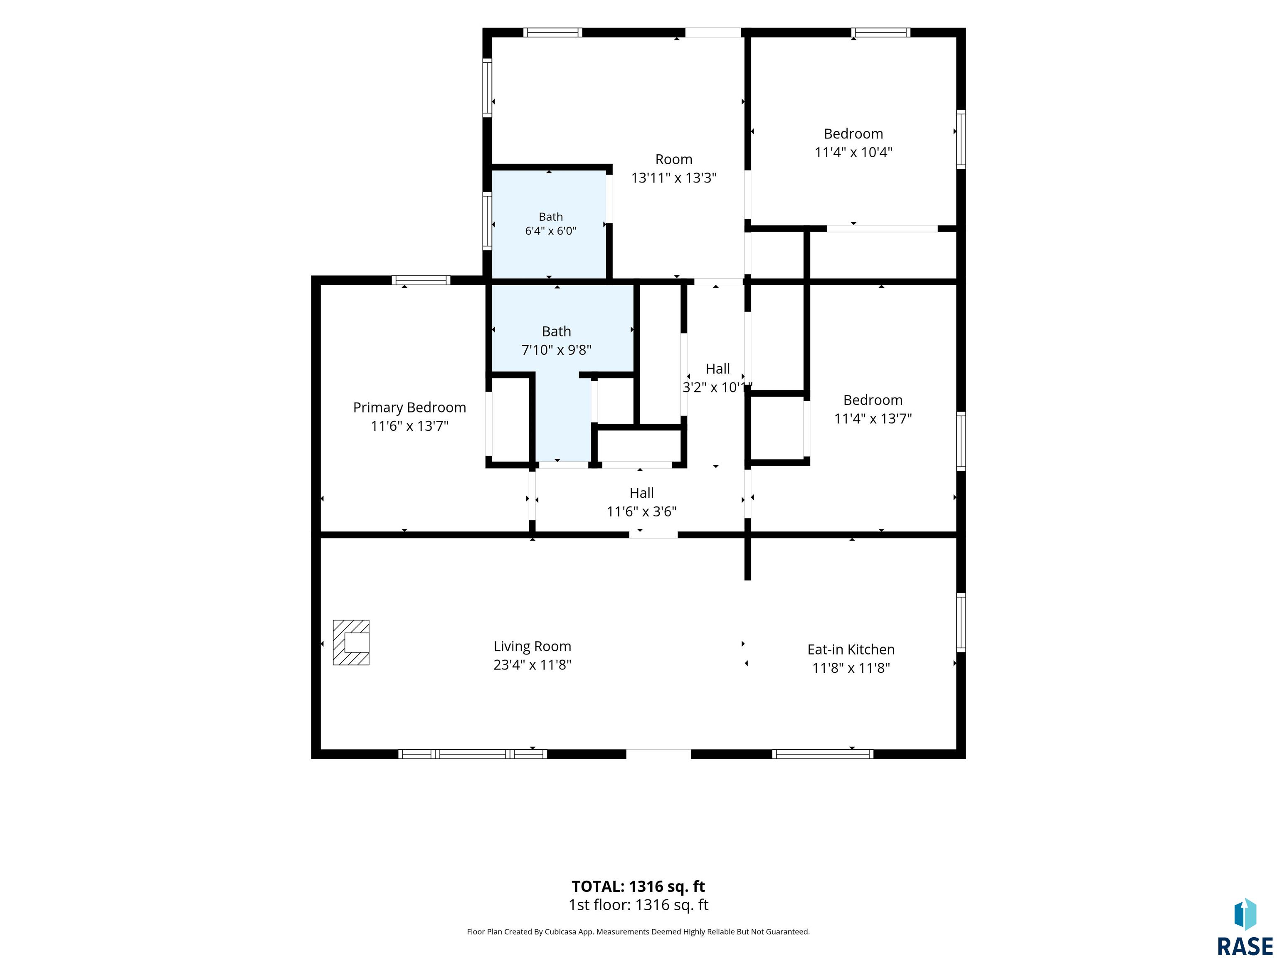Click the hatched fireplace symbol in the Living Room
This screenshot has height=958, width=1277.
click(x=351, y=643)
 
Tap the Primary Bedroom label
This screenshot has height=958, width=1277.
click(x=409, y=407)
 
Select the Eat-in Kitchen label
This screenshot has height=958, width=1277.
click(x=851, y=649)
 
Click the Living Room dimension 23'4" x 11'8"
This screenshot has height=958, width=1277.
click(x=532, y=664)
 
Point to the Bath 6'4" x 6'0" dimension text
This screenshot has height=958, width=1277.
click(x=551, y=231)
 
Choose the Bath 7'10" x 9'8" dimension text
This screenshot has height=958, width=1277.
click(x=557, y=350)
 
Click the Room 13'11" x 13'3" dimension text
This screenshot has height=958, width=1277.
click(x=674, y=178)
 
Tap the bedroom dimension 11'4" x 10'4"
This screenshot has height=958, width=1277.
click(x=853, y=153)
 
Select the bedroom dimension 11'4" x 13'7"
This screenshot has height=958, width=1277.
click(x=873, y=419)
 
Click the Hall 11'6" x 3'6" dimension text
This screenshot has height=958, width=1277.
click(x=641, y=511)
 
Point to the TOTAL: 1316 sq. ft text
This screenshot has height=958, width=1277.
click(x=638, y=886)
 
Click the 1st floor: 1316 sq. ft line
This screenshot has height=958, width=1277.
click(x=638, y=905)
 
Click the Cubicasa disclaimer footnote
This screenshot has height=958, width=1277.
click(x=638, y=931)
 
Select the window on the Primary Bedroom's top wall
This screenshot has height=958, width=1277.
click(x=421, y=281)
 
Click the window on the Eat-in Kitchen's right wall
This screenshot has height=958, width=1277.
click(x=961, y=622)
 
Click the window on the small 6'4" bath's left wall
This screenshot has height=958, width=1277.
click(x=487, y=221)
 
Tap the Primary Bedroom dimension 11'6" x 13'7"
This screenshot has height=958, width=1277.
click(x=409, y=426)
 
